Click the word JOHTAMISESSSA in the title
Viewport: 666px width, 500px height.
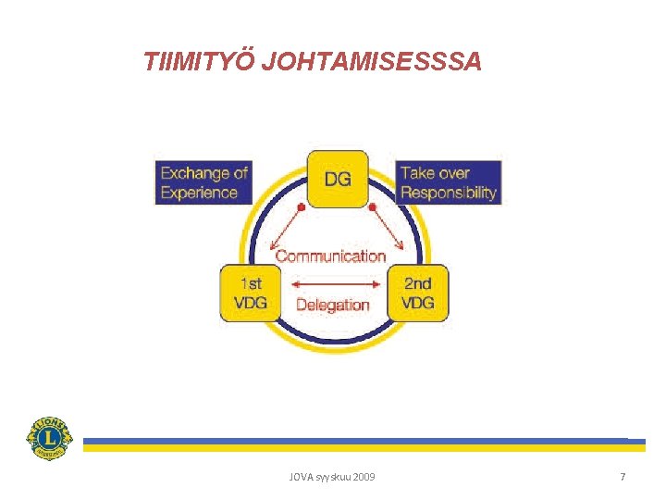(372, 62)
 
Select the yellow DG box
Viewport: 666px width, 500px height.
(337, 180)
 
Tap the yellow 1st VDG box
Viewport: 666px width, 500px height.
(250, 294)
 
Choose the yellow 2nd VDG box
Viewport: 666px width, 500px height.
(418, 294)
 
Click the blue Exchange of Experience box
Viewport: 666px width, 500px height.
(203, 182)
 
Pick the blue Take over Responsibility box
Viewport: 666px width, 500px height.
(449, 182)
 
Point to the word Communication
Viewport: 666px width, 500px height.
(331, 256)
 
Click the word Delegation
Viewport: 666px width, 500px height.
(332, 305)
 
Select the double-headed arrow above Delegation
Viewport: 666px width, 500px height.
(332, 283)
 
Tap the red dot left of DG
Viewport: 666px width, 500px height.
(299, 207)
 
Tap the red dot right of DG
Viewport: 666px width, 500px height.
(372, 207)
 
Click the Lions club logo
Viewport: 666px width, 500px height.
(48, 437)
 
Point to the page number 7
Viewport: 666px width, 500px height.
(623, 477)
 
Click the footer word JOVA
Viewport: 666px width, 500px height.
(301, 477)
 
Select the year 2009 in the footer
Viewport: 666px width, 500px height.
(364, 477)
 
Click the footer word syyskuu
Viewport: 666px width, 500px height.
(332, 477)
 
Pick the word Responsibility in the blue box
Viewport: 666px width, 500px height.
(449, 194)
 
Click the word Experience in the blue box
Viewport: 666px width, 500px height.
(199, 194)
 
